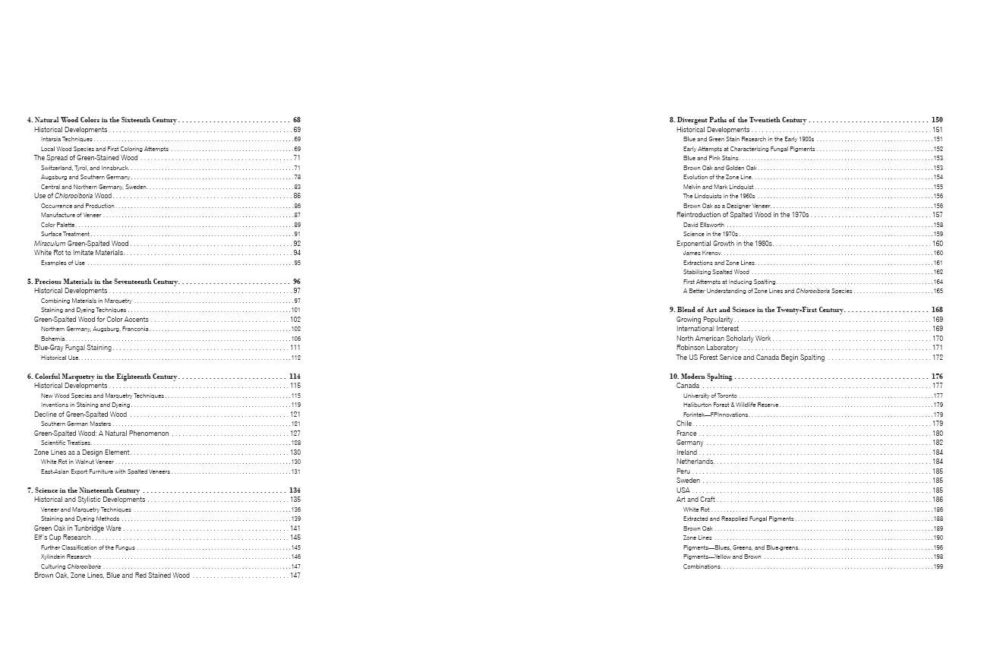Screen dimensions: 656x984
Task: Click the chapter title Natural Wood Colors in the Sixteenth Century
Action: [106, 120]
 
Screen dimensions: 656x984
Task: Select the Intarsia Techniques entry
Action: [68, 140]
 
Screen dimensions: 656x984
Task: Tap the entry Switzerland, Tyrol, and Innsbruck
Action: [84, 168]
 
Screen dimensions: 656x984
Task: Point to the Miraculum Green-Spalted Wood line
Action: [81, 244]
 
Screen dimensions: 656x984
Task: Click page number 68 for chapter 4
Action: [297, 120]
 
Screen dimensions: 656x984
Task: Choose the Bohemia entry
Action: [52, 339]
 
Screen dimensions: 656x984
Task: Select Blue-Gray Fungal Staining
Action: [73, 348]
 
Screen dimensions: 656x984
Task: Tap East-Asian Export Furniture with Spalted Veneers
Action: [106, 471]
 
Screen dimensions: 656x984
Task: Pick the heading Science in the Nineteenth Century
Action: [87, 490]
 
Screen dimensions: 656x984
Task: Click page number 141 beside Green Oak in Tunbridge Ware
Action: [295, 528]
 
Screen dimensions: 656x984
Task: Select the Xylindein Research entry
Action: [66, 557]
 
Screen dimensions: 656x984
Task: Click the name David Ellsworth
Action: [704, 225]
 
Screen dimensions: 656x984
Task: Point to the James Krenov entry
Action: [702, 253]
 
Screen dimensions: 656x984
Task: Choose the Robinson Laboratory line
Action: [707, 348]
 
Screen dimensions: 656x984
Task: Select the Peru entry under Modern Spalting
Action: [684, 471]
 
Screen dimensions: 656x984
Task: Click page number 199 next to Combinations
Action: [938, 566]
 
